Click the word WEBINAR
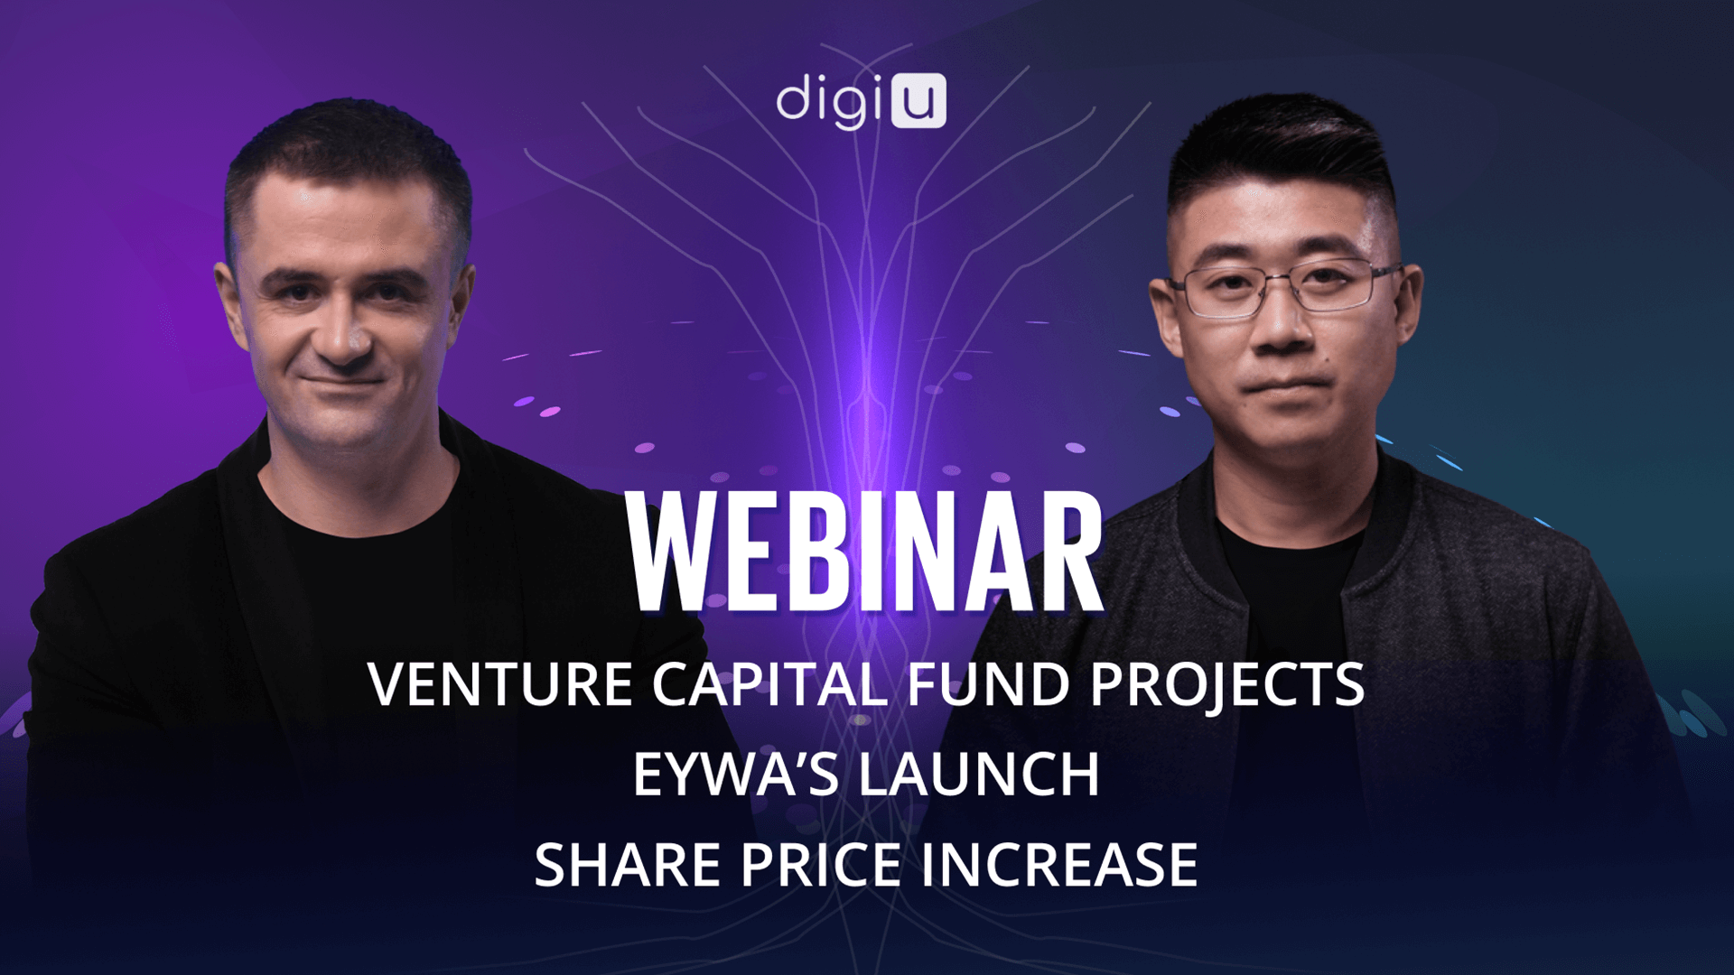(x=865, y=552)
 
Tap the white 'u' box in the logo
(x=918, y=101)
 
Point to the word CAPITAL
(x=769, y=684)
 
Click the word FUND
(x=989, y=684)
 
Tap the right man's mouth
(x=1283, y=386)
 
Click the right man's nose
(x=1282, y=325)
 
